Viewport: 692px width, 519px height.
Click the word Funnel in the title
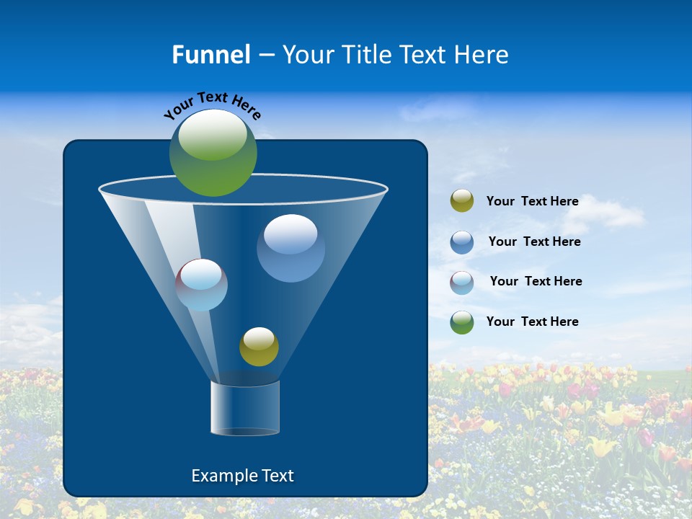pos(210,55)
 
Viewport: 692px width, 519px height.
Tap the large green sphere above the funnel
pos(213,153)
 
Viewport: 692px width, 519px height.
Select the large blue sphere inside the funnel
pos(290,247)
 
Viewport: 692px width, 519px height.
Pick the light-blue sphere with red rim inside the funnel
pos(202,285)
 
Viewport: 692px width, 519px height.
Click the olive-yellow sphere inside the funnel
pos(259,347)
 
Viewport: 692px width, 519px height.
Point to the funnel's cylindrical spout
pos(245,408)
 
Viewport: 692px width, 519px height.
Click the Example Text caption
pos(242,476)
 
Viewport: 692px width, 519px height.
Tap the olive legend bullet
pos(462,201)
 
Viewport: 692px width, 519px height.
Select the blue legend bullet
pos(462,242)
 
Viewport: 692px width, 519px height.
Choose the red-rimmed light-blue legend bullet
pos(462,282)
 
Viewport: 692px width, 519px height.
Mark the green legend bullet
pos(462,322)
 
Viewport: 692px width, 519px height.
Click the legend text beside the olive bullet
pos(532,202)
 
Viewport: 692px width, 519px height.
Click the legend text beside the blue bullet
pos(534,241)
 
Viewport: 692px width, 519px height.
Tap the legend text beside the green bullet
pos(532,321)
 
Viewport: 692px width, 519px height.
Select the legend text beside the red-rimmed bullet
pos(536,281)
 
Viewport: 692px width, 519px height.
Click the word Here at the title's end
pos(482,55)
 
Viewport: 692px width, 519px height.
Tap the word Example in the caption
pos(223,476)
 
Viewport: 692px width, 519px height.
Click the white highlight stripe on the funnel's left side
pos(173,238)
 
